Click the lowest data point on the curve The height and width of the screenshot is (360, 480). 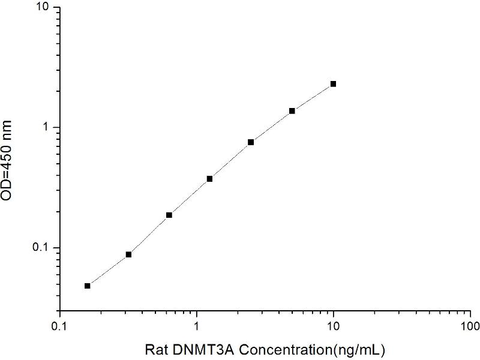coord(88,286)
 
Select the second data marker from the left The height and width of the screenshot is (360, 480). coord(128,254)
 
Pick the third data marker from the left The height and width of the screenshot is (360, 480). coord(169,215)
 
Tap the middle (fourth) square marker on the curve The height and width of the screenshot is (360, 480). coord(210,179)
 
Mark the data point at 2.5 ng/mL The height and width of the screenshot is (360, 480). coord(251,142)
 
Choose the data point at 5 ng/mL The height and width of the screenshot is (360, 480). coord(292,111)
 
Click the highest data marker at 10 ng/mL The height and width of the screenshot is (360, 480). coord(333,84)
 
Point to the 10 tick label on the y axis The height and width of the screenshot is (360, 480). coord(44,7)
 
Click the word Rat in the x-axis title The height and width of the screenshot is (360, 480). coord(158,349)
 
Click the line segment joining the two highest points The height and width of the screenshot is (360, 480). coord(313,97)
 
